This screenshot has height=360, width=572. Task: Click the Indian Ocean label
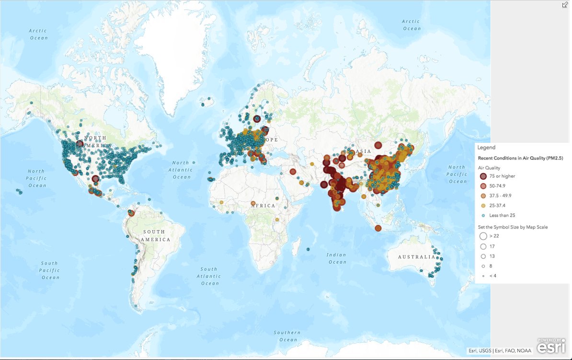point(337,258)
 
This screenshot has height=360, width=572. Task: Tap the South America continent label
point(156,235)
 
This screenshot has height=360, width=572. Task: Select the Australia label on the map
point(416,257)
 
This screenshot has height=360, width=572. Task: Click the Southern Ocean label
point(287,336)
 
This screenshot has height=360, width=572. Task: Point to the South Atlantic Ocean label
point(209,276)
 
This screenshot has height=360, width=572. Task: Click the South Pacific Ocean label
point(50,270)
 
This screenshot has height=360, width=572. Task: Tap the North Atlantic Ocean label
point(182,170)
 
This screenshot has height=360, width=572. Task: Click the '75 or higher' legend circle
point(483,176)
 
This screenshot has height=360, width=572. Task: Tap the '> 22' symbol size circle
point(483,236)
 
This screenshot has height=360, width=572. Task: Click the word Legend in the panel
point(486,148)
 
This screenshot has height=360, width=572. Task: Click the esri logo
point(551,346)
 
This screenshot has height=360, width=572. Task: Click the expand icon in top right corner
point(565,4)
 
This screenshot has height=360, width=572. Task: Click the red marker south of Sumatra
point(378,228)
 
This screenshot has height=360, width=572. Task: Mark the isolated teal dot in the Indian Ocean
point(308,249)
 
